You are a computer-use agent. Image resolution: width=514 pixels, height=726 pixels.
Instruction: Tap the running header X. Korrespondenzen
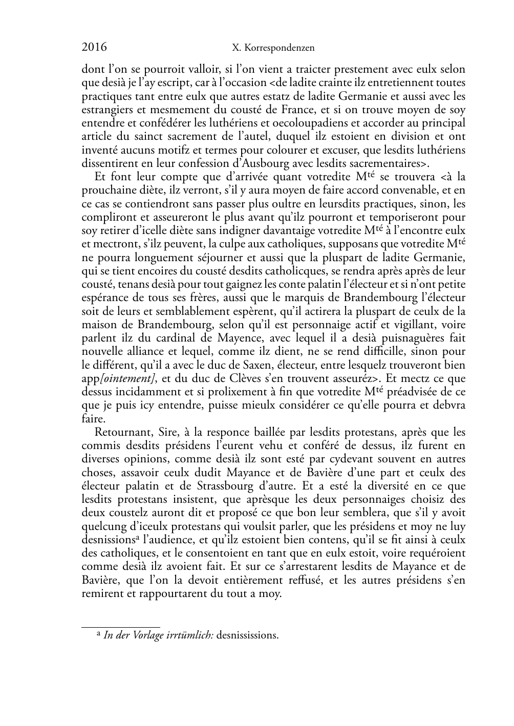(273, 48)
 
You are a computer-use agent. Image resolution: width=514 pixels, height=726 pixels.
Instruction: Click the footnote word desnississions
(247, 636)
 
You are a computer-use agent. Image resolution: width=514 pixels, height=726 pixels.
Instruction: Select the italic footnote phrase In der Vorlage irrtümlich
(158, 636)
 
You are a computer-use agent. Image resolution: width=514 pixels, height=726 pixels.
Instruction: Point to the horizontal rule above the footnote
(121, 626)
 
